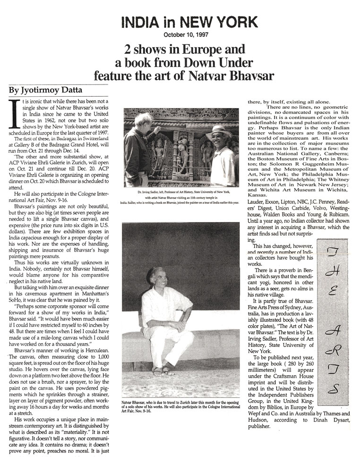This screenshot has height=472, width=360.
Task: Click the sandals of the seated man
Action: tap(160, 371)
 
